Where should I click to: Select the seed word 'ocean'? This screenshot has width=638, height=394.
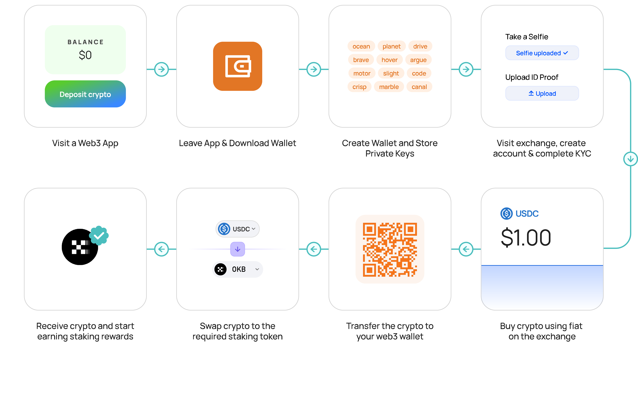(361, 46)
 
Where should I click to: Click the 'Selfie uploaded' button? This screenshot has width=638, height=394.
(542, 53)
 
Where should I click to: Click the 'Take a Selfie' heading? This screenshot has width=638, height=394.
(526, 37)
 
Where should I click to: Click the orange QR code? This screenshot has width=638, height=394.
(390, 249)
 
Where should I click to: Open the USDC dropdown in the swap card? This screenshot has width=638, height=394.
(238, 229)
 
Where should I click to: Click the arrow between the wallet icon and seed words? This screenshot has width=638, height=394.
(314, 69)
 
